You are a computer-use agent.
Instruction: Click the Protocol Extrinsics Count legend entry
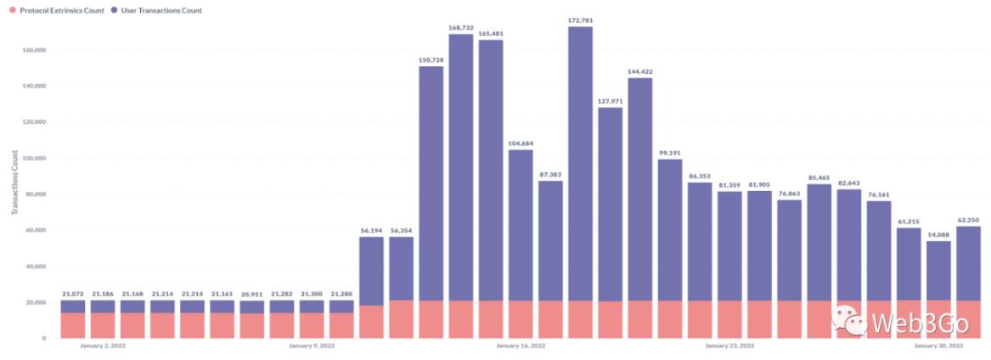coord(56,10)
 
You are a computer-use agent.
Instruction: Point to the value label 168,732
coord(461,27)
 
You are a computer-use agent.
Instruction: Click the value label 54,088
coord(938,234)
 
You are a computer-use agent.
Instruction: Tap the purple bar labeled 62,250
coord(968,263)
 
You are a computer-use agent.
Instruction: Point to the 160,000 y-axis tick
coord(33,50)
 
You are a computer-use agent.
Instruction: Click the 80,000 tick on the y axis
coord(35,194)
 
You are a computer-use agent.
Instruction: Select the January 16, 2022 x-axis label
coord(521,346)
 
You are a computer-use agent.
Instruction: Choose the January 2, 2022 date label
coord(104,346)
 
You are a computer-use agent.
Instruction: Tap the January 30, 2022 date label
coord(938,346)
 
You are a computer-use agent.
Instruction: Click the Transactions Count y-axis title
coord(14,183)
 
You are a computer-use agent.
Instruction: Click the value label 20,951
coord(252,294)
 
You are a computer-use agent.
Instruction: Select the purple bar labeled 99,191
coord(669,229)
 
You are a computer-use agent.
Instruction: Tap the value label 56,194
coord(372,230)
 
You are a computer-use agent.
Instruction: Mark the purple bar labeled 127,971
coord(610,204)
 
